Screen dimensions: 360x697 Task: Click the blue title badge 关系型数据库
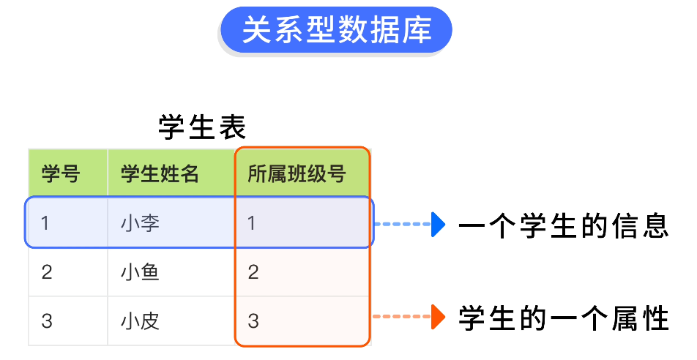[336, 30]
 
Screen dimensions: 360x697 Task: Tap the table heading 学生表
[202, 127]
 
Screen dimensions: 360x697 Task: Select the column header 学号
[60, 174]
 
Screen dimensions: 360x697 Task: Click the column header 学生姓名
[160, 174]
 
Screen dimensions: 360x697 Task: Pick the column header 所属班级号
[296, 174]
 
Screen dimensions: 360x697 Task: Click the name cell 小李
[141, 222]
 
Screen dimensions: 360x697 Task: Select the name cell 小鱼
[141, 272]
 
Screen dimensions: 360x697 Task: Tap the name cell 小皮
[141, 320]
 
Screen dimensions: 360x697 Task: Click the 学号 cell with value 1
[46, 222]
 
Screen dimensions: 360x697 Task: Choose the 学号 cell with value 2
[47, 272]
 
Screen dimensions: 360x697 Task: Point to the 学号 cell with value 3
[47, 320]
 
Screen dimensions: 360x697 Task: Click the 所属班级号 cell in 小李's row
[253, 222]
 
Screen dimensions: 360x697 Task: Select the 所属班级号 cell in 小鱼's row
[253, 272]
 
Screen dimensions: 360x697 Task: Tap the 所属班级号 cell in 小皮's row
[253, 320]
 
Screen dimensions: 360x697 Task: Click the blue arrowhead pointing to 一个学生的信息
[438, 224]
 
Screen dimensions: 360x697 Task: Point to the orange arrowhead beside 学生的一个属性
[438, 317]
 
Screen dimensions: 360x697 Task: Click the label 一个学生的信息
[563, 225]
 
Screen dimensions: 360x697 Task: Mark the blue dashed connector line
[402, 224]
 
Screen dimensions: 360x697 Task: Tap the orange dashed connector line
[402, 317]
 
